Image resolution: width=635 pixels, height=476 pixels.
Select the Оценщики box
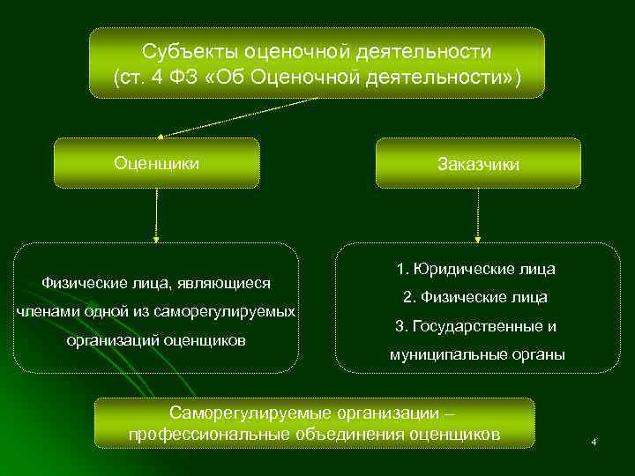[157, 163]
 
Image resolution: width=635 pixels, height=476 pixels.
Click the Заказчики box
[478, 164]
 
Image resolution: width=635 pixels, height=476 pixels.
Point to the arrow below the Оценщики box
[157, 215]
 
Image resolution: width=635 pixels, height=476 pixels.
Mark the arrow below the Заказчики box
[478, 215]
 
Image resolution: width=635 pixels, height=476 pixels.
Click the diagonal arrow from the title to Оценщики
[238, 115]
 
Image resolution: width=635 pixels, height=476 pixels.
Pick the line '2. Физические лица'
[477, 297]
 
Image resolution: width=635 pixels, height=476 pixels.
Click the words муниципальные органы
[477, 355]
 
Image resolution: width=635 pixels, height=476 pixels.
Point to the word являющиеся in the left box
[226, 283]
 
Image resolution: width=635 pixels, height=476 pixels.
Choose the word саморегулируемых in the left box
[235, 311]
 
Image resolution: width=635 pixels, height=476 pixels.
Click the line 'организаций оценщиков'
[156, 340]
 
